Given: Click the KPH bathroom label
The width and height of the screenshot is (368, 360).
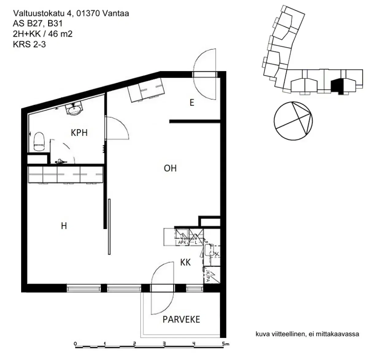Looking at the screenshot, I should pos(79,132).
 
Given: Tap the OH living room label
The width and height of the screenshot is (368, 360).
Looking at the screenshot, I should pos(170,168).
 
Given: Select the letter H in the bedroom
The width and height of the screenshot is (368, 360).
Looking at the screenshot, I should pos(64,226).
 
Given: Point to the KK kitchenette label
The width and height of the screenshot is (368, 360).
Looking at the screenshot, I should pos(185,262).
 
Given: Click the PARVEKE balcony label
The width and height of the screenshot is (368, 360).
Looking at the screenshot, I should pos(181,320).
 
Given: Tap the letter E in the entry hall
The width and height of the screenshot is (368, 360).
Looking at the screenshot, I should pos(192,102).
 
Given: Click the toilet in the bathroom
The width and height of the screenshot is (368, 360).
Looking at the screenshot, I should pos(39,142).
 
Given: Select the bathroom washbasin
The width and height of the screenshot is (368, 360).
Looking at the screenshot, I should pos(74,109).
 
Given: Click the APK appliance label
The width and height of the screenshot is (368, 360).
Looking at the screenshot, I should pos(182,242).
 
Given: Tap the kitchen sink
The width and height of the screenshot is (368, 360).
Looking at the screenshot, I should pos(210,251).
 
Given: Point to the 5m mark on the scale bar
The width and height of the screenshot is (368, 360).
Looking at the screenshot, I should pos(225,344).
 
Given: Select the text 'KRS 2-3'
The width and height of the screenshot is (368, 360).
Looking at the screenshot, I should pos(29,44).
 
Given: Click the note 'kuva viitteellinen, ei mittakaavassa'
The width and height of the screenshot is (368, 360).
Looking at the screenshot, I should pos(307,334).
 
